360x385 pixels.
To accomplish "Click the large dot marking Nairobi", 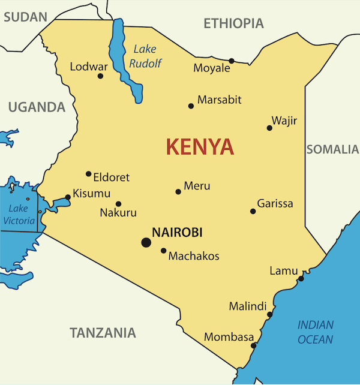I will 146,242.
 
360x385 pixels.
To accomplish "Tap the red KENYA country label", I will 200,146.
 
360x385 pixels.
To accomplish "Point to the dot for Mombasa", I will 254,345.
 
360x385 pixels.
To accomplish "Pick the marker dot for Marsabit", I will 191,106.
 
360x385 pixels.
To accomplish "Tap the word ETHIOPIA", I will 233,23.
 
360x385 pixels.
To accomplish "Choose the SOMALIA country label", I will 332,149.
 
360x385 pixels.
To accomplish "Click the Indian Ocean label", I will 316,332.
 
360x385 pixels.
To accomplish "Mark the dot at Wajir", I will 269,128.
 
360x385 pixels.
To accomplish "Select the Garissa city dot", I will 253,211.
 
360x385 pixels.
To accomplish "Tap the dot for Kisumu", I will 67,197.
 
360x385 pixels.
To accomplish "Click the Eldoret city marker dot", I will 88,174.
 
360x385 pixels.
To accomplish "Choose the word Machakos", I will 194,256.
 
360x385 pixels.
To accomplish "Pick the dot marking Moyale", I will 232,61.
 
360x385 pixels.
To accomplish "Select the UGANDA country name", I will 36,107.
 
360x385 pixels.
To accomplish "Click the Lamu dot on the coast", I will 301,278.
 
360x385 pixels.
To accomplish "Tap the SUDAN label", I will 25,17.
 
